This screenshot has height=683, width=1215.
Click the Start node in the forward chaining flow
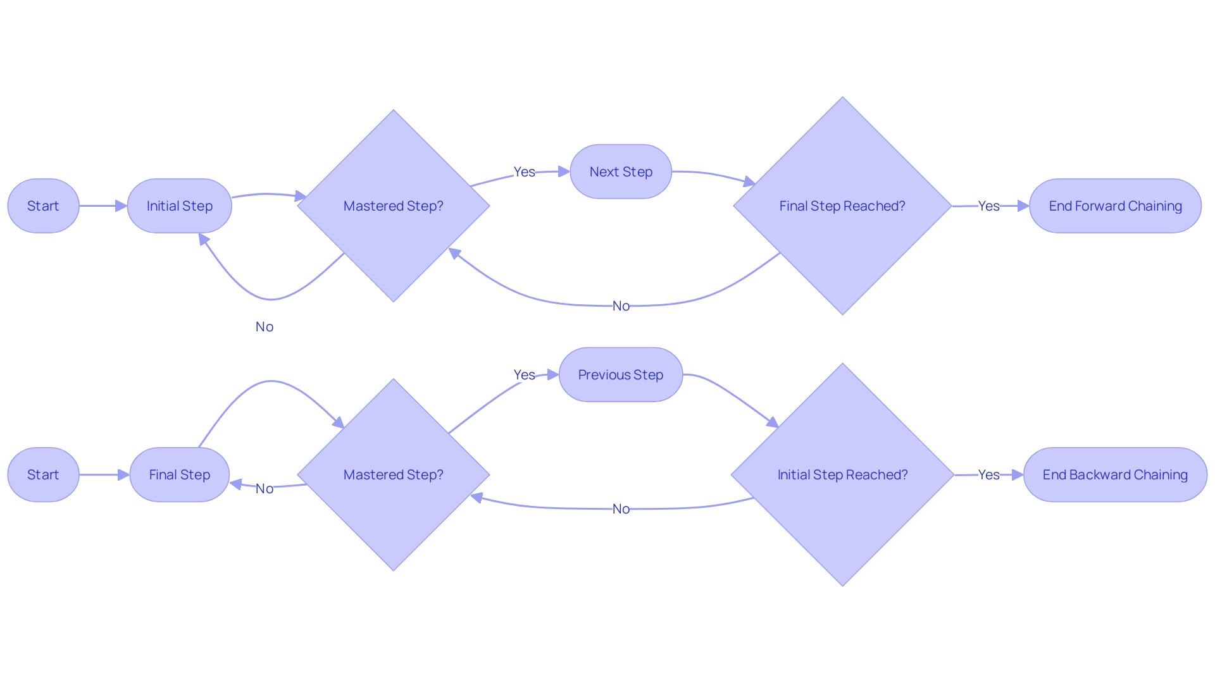(x=43, y=206)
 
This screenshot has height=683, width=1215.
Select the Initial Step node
(x=179, y=206)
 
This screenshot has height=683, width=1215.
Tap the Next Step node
(x=620, y=171)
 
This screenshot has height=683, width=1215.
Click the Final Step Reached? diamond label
(x=842, y=206)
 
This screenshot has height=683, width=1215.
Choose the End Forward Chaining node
(x=1115, y=206)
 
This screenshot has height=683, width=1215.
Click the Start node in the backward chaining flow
(x=43, y=474)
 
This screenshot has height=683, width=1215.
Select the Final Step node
(x=179, y=474)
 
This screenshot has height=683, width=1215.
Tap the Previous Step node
(x=620, y=374)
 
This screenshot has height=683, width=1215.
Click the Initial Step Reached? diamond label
(x=842, y=474)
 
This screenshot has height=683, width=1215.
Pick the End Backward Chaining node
(x=1115, y=474)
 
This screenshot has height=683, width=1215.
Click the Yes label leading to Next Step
(x=524, y=171)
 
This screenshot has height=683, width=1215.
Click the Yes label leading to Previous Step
(x=524, y=374)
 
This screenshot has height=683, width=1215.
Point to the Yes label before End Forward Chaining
(x=988, y=206)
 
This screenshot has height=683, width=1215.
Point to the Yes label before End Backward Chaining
(x=988, y=474)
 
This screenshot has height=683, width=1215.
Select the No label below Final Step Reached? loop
(x=621, y=306)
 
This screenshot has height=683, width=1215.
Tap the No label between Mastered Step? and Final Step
(x=265, y=488)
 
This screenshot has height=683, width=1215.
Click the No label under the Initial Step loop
(x=265, y=326)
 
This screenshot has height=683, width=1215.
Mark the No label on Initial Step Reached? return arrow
(x=621, y=509)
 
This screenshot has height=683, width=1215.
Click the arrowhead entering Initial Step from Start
(x=121, y=206)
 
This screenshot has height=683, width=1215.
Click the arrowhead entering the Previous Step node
(x=553, y=374)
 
